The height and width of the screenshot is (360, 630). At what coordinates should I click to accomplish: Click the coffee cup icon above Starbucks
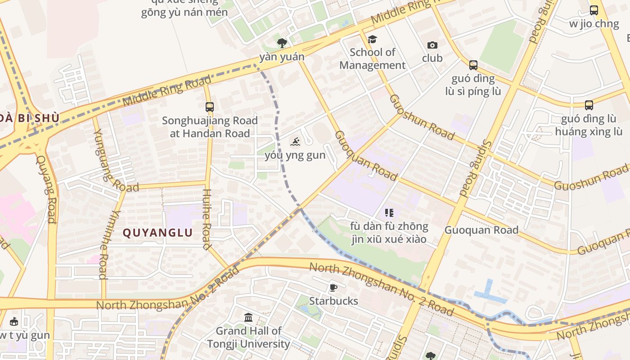(333, 288)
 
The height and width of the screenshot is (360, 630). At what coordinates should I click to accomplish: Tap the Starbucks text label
(333, 301)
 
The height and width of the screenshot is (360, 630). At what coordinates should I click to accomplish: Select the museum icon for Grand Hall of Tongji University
(248, 318)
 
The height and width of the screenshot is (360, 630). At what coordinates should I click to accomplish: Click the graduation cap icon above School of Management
(372, 39)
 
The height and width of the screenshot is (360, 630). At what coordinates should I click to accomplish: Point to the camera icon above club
(432, 45)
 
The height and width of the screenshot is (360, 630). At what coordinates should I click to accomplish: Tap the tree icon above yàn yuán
(282, 43)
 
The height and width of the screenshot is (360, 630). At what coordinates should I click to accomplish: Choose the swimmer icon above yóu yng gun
(295, 142)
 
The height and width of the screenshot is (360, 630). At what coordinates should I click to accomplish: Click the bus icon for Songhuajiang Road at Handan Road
(210, 107)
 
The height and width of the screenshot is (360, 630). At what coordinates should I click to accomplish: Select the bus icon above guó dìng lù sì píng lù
(473, 65)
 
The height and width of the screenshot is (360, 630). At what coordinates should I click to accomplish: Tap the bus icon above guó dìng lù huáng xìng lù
(589, 105)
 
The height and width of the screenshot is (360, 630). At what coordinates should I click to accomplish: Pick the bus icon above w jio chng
(594, 10)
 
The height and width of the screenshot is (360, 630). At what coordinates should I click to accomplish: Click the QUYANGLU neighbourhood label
(157, 233)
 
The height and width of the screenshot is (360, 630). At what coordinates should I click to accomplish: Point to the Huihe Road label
(207, 219)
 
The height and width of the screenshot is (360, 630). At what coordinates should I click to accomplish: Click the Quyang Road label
(46, 189)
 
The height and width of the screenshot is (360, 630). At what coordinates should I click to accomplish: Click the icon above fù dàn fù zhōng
(389, 212)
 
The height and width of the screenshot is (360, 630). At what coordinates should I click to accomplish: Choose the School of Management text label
(372, 58)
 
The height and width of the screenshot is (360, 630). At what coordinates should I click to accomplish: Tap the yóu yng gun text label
(295, 156)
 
